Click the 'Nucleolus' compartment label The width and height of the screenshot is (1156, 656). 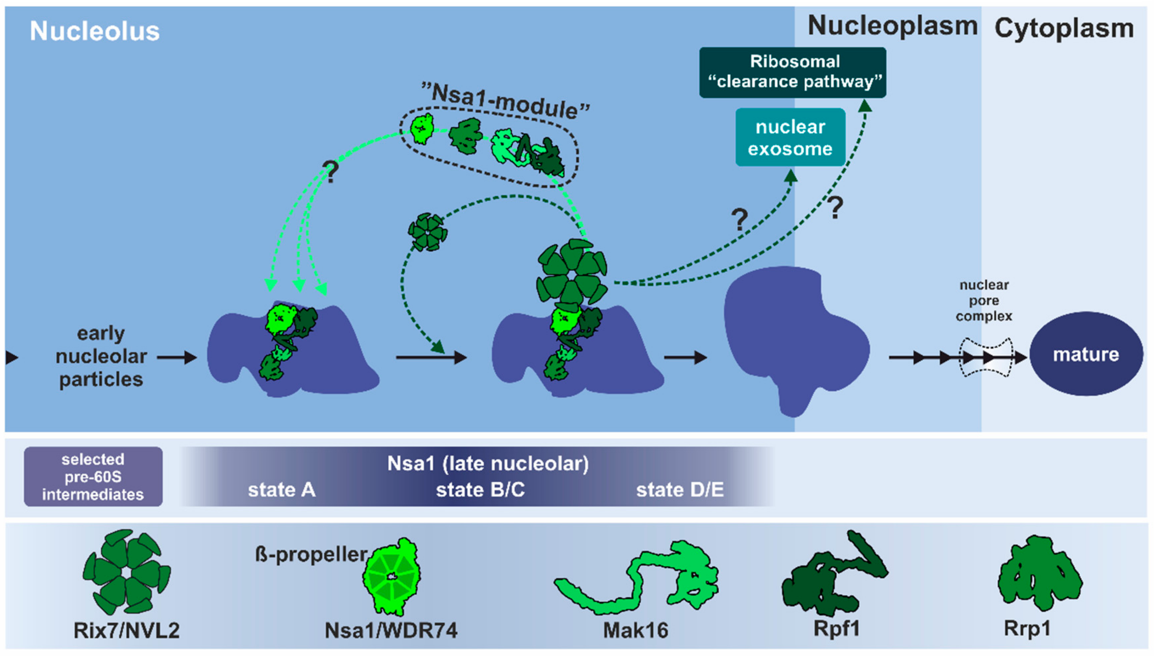point(95,31)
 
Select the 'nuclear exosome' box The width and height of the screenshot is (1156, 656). point(790,137)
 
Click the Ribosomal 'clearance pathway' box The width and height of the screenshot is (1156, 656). point(793,72)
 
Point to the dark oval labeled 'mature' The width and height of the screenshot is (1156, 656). point(1086,354)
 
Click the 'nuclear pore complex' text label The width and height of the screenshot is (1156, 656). point(984,300)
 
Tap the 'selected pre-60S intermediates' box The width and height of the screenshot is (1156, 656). point(93,477)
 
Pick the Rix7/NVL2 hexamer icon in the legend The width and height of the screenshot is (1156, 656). point(127,572)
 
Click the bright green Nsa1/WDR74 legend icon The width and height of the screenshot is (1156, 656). point(391,577)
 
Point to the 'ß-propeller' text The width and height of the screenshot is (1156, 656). point(311,554)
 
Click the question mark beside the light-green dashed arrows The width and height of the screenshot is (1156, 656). point(331,172)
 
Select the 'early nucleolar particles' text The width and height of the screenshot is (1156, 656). point(101,356)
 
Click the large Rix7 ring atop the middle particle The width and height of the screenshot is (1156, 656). point(572,275)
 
